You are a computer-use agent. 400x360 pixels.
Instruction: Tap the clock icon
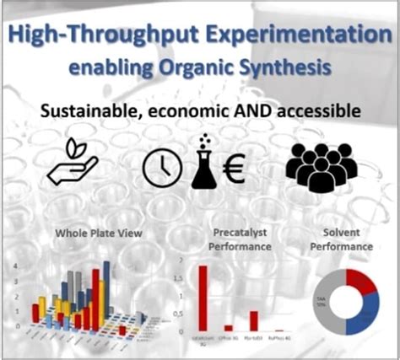click(162, 166)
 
